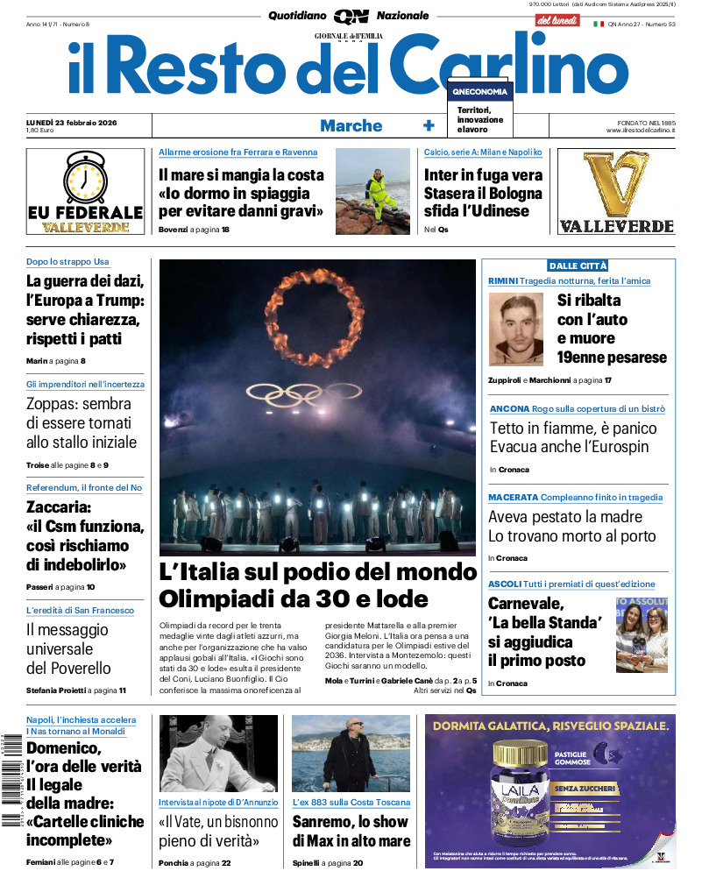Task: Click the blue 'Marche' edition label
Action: [351, 125]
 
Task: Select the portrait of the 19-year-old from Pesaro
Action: [516, 329]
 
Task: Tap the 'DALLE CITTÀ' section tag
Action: [578, 266]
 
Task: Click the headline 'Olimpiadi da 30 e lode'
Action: [294, 598]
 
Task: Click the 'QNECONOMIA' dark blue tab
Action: [479, 92]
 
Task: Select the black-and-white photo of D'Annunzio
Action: [218, 753]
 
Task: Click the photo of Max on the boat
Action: [351, 753]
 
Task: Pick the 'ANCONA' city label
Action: [509, 409]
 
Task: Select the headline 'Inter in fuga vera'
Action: [483, 174]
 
